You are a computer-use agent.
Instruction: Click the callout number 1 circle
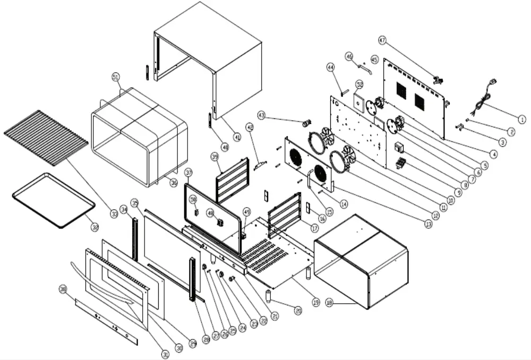522,120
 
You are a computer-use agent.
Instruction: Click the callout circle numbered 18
329,303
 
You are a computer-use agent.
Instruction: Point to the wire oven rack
45,135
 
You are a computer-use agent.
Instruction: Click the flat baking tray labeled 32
53,201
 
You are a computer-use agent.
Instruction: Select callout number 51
116,77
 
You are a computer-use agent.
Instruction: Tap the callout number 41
237,137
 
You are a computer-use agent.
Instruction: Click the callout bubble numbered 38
63,289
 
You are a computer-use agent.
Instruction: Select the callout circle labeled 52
359,84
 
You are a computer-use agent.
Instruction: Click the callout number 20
298,310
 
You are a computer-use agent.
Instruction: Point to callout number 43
261,115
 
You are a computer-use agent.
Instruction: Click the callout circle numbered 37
189,173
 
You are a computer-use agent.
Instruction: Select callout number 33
114,215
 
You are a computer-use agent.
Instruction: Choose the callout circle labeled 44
330,67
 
